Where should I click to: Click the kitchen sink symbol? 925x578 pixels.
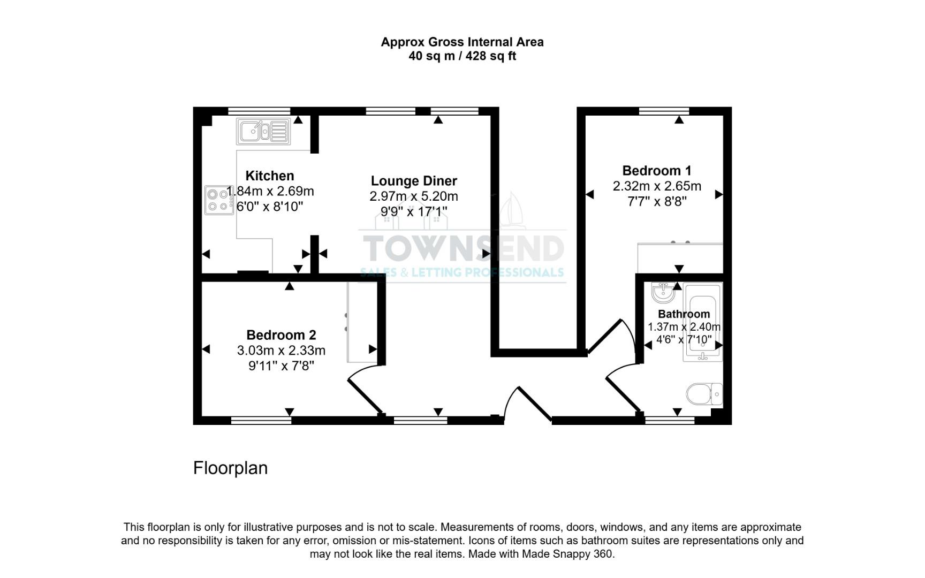[263, 131]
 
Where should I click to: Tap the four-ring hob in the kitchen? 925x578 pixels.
[219, 200]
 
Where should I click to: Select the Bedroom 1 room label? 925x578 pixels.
[657, 171]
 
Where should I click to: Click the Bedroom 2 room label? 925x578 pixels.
[281, 335]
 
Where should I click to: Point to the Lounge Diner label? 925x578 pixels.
[414, 181]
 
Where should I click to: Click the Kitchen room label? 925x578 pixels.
[270, 176]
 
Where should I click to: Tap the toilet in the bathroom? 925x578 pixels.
[704, 394]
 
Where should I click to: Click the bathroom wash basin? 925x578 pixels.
[664, 292]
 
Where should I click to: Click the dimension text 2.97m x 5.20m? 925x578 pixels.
[414, 196]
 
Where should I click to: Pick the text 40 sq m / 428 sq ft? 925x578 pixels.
[462, 56]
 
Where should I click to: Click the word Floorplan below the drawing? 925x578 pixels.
[230, 468]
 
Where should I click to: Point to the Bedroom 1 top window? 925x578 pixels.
[664, 111]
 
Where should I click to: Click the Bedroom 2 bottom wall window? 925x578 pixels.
[261, 421]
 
